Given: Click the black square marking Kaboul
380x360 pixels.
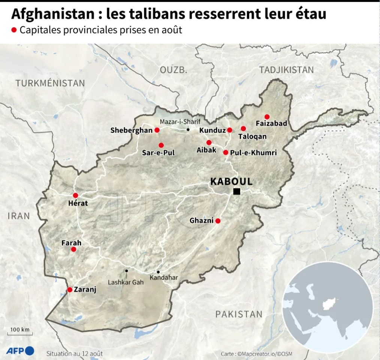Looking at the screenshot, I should pyautogui.click(x=236, y=192).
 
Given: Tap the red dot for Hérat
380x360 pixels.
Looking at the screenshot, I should pyautogui.click(x=75, y=195).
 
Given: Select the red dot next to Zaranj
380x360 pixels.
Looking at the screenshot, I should pyautogui.click(x=70, y=289).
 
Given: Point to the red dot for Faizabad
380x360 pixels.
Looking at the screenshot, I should pyautogui.click(x=267, y=117).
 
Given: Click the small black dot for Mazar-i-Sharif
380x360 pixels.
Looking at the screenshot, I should pyautogui.click(x=188, y=130).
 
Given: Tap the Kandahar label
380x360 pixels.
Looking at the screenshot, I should pyautogui.click(x=164, y=278).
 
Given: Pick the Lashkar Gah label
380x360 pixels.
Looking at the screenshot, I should pyautogui.click(x=126, y=282).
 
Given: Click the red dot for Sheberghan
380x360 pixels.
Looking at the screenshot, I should pyautogui.click(x=157, y=130).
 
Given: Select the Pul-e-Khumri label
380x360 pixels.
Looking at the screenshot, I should pyautogui.click(x=254, y=153).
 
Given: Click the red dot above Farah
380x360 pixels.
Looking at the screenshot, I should pyautogui.click(x=74, y=249).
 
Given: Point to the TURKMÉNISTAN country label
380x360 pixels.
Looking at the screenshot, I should pyautogui.click(x=50, y=83).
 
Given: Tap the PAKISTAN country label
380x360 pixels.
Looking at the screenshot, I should pyautogui.click(x=239, y=314).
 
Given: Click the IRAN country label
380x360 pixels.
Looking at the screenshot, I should pyautogui.click(x=18, y=216).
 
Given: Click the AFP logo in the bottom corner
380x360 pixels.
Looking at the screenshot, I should pyautogui.click(x=20, y=351).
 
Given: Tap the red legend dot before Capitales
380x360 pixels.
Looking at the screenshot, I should pyautogui.click(x=14, y=30).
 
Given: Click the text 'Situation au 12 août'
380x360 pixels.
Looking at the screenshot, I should pyautogui.click(x=75, y=353).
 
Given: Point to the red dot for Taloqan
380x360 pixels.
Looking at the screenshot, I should pyautogui.click(x=243, y=129).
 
